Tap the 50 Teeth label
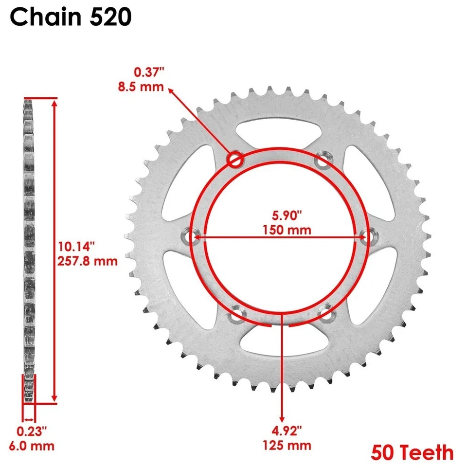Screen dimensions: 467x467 [412, 452]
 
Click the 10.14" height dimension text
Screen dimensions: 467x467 [76, 245]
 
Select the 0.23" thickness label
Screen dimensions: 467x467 [32, 431]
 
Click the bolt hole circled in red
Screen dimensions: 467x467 [236, 159]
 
